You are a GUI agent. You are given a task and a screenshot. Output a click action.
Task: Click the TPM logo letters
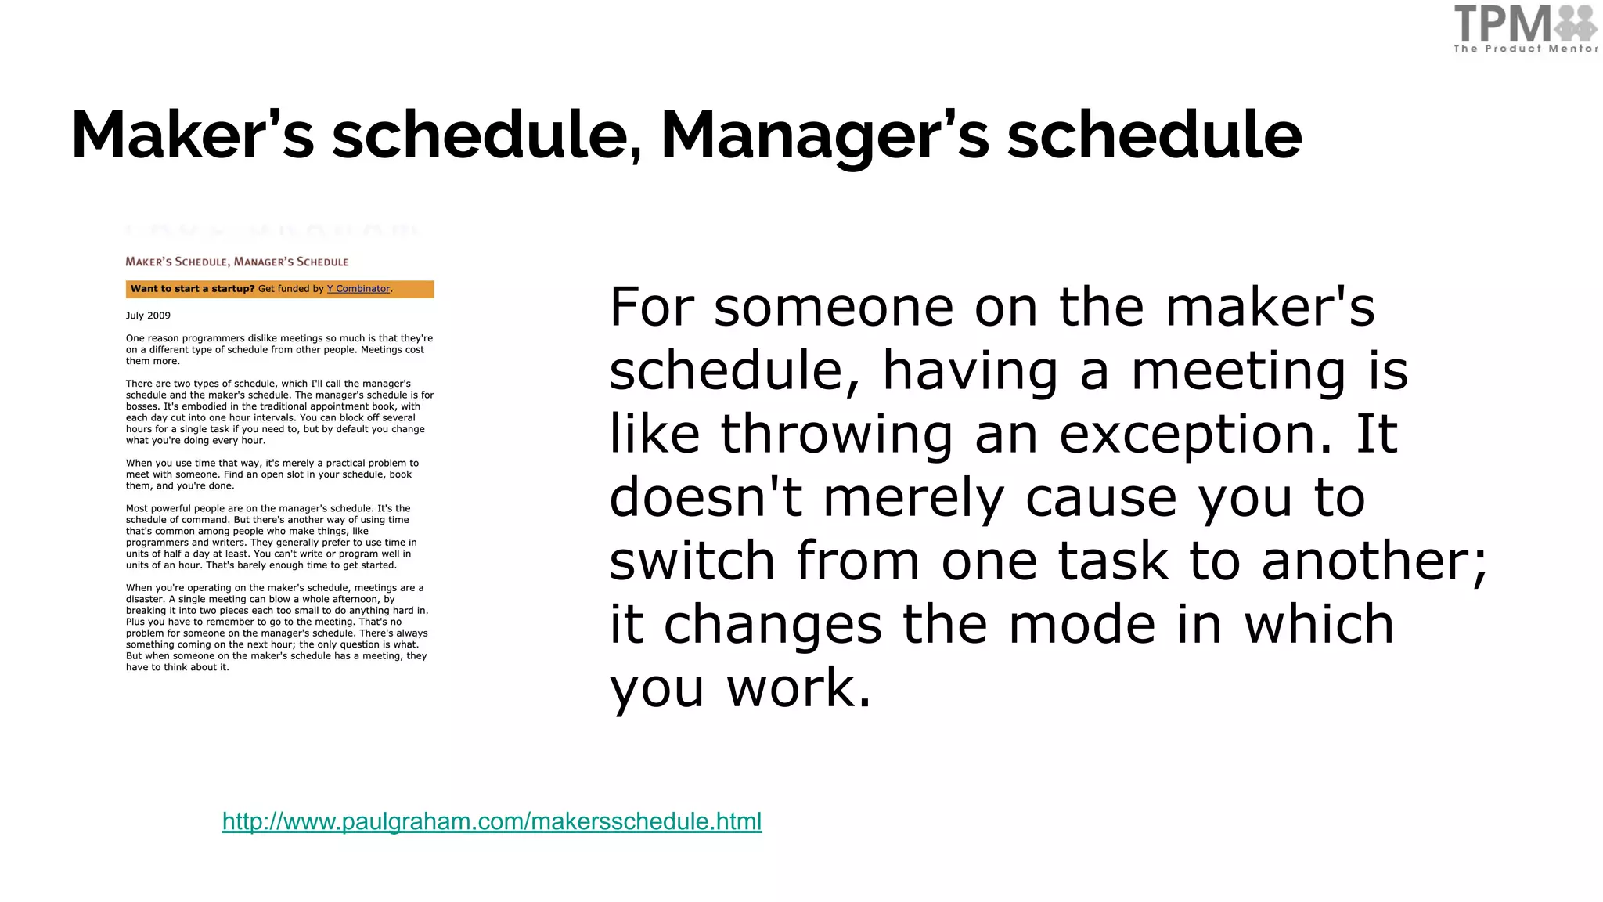tap(1501, 24)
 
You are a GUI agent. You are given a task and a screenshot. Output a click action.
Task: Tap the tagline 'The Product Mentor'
tap(1526, 49)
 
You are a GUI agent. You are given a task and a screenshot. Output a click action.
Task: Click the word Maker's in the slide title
tap(193, 135)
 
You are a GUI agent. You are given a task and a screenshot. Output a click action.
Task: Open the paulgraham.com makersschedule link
tap(492, 821)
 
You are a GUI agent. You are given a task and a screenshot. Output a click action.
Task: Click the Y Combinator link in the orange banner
tap(358, 289)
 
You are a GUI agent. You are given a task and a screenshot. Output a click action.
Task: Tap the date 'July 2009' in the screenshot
tap(148, 316)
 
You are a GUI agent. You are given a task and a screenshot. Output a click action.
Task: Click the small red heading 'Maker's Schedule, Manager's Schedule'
tap(236, 262)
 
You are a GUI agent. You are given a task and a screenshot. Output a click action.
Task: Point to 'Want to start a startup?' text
tap(193, 289)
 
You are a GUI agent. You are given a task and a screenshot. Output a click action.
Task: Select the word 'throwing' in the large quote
tap(837, 434)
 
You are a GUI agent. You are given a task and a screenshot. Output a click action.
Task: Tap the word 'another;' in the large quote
tap(1374, 561)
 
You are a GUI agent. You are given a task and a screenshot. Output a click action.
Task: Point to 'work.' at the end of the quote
tap(798, 687)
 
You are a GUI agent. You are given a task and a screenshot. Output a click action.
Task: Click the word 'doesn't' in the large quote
tap(705, 497)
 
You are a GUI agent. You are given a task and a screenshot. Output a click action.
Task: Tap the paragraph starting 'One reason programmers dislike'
tap(279, 350)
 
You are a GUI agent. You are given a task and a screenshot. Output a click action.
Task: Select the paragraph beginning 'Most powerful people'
tap(271, 536)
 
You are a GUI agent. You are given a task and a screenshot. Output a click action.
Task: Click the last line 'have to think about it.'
tap(178, 668)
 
